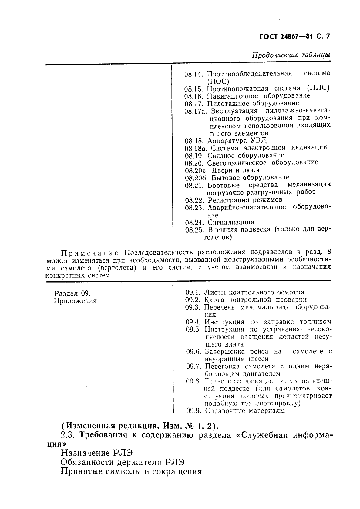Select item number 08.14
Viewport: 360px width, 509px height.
tap(193, 74)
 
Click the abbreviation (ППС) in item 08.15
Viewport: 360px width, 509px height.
tap(318, 88)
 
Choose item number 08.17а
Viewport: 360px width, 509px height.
tap(195, 111)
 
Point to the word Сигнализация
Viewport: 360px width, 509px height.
tap(231, 223)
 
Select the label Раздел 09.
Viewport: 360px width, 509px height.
tap(72, 293)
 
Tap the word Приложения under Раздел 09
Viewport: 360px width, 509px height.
tap(75, 301)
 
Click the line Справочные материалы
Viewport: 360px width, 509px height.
tap(245, 411)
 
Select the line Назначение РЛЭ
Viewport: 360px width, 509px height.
tap(97, 453)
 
